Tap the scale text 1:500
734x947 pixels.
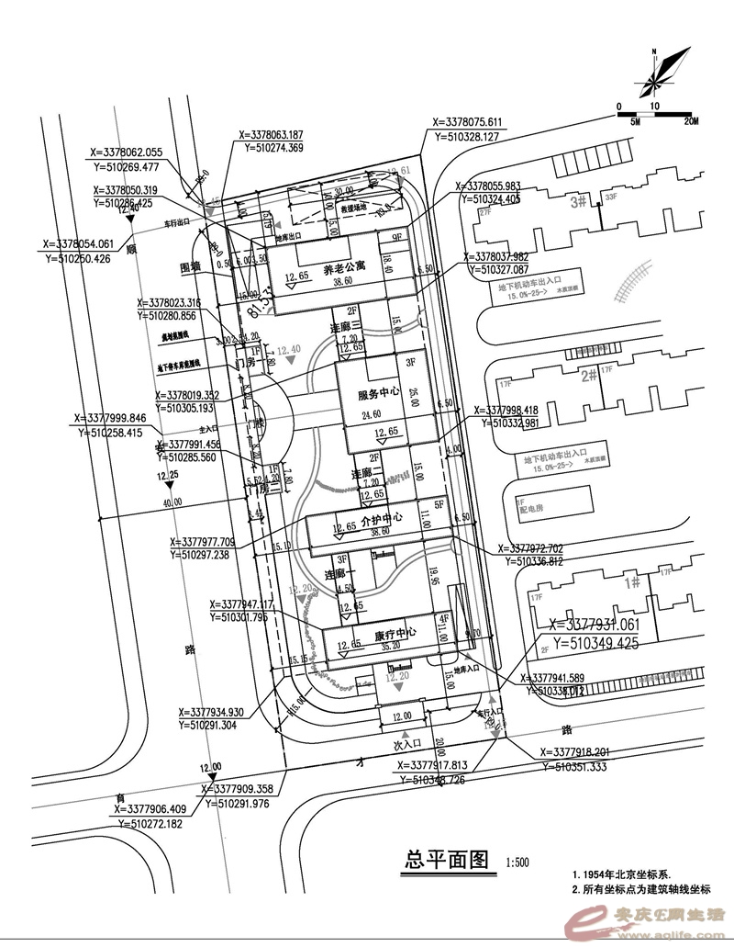(517, 864)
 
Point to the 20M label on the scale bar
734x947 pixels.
(690, 120)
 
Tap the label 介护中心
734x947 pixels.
(375, 519)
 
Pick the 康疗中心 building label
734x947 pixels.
(395, 633)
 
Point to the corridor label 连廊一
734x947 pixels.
(340, 573)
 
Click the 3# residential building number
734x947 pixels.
(578, 201)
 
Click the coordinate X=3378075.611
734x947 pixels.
(466, 122)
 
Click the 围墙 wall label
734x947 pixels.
(191, 268)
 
